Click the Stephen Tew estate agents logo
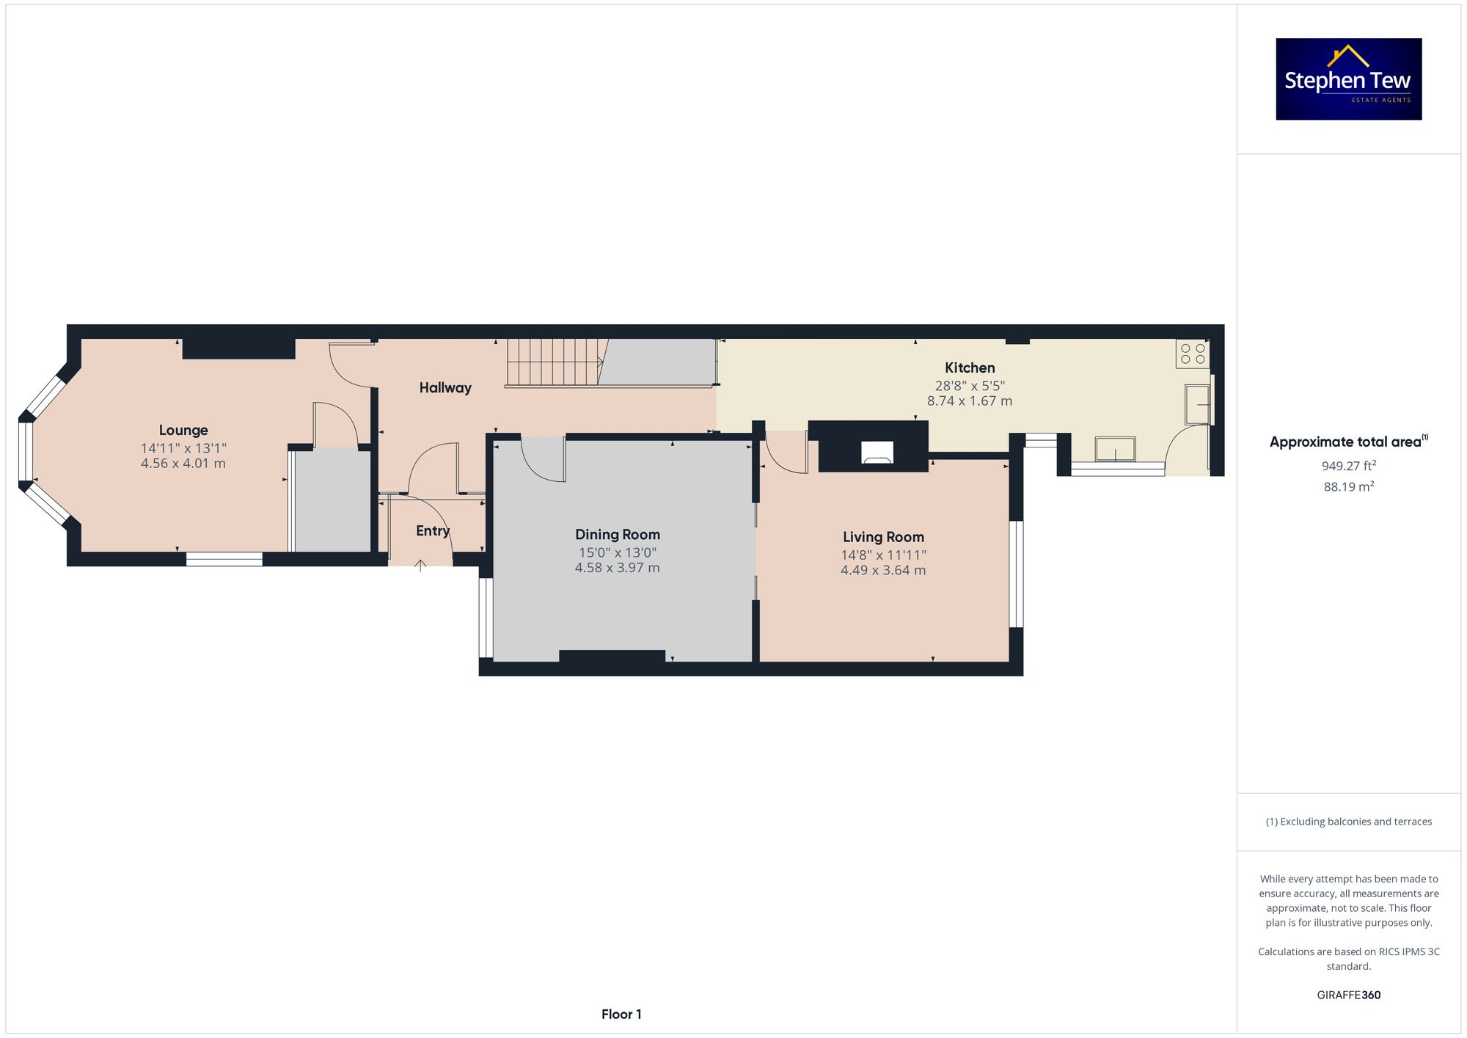(x=1348, y=79)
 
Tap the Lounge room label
(x=183, y=431)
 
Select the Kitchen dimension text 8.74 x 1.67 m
(x=969, y=401)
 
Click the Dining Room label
(x=617, y=535)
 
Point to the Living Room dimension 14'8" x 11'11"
(x=883, y=555)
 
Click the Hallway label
(x=445, y=388)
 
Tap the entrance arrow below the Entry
(x=420, y=566)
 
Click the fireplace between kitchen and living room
(x=877, y=452)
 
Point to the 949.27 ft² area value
(x=1348, y=466)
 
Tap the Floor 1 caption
(x=621, y=1015)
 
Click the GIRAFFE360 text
(x=1348, y=995)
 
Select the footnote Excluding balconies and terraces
(x=1348, y=822)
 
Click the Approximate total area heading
(x=1348, y=442)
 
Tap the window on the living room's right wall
(x=1016, y=574)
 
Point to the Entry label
(x=433, y=531)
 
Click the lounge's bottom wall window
(x=224, y=559)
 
